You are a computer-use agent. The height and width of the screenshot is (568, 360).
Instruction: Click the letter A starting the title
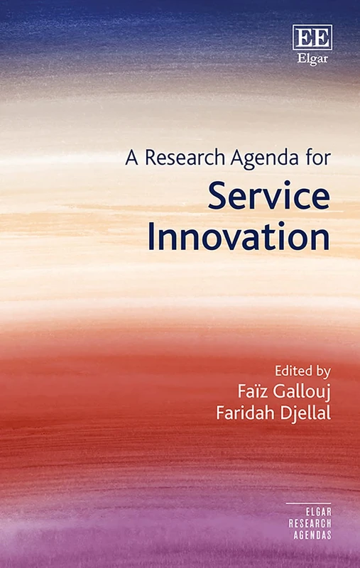(130, 159)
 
